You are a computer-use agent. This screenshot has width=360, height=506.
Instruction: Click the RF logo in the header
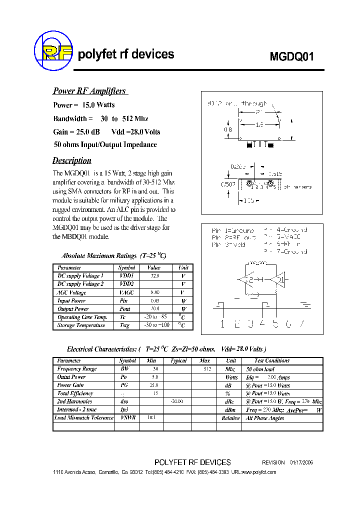pyautogui.click(x=53, y=50)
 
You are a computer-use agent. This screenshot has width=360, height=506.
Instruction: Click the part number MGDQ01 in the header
pyautogui.click(x=292, y=56)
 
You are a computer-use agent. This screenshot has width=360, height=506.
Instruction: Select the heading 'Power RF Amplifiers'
pyautogui.click(x=89, y=91)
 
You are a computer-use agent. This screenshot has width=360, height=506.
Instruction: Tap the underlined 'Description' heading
pyautogui.click(x=72, y=160)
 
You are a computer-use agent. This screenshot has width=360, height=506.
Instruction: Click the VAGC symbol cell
pyautogui.click(x=127, y=292)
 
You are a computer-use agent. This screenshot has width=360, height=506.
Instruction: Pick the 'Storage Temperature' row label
pyautogui.click(x=81, y=325)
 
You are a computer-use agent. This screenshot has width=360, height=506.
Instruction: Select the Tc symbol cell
pyautogui.click(x=123, y=317)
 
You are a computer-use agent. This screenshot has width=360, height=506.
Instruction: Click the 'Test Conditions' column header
pyautogui.click(x=271, y=360)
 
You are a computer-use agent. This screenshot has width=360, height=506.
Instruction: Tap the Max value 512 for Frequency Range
pyautogui.click(x=207, y=369)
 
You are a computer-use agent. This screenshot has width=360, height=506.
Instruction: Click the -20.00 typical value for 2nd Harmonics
pyautogui.click(x=177, y=401)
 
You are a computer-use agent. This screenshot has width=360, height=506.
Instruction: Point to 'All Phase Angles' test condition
pyautogui.click(x=264, y=418)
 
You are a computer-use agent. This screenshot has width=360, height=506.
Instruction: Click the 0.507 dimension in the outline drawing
pyautogui.click(x=228, y=184)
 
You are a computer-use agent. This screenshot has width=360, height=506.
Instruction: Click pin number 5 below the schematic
pyautogui.click(x=275, y=323)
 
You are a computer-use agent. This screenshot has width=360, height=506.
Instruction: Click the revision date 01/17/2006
pyautogui.click(x=301, y=462)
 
